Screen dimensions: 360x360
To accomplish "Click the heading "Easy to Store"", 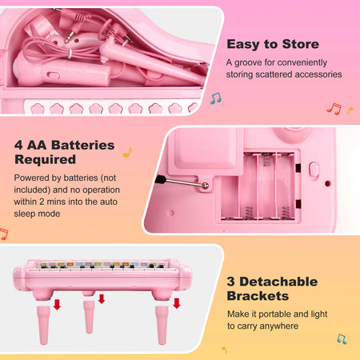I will (x=272, y=45).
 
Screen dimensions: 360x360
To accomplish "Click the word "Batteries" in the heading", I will (x=81, y=146).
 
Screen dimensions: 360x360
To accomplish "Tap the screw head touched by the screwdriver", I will (x=206, y=186).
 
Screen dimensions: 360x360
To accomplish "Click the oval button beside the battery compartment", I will (x=314, y=170).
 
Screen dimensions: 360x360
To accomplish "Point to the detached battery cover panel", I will (x=200, y=158).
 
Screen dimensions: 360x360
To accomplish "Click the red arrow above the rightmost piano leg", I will (x=177, y=302).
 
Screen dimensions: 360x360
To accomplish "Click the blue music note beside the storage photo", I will (x=214, y=98).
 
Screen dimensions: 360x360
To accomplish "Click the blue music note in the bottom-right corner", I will (x=342, y=338).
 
